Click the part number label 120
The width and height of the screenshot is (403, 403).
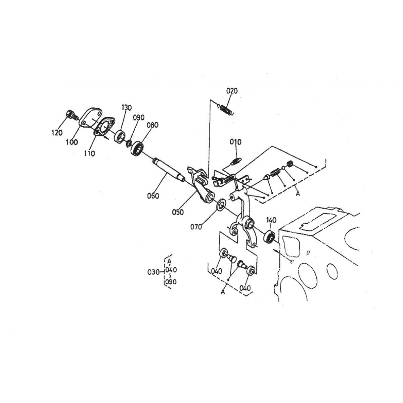pos(57,133)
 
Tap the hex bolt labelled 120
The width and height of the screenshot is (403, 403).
pos(72,115)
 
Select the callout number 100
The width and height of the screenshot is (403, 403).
pos(72,142)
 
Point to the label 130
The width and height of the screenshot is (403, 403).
pos(126,107)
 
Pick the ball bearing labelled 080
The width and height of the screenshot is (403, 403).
pos(137,148)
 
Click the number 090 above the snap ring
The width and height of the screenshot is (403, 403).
pos(139,118)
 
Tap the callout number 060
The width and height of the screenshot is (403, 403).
pos(153,196)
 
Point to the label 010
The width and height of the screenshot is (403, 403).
pos(235,142)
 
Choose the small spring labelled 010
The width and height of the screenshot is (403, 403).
pos(236,161)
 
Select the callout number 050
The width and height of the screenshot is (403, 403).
pos(178,212)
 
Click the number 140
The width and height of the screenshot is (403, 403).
pos(271,220)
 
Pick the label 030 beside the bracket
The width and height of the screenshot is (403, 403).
pos(153,272)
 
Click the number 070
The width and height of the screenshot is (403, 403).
pos(196,227)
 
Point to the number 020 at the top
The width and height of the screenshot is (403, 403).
pos(232,91)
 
